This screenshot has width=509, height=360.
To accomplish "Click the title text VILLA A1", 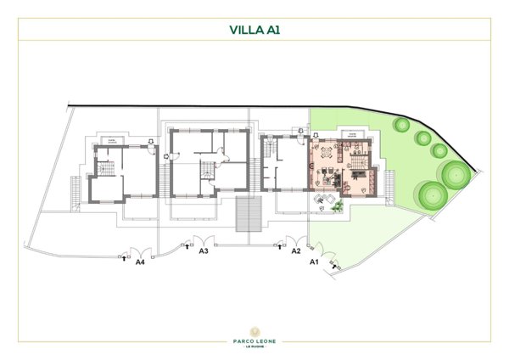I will coord(255,29).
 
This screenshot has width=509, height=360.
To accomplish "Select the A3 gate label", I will coord(204,252).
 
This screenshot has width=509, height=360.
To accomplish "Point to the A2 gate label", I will coord(296,252).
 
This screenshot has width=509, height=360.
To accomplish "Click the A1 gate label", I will coord(313,262).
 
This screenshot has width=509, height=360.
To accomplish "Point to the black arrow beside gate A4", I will coord(126,254).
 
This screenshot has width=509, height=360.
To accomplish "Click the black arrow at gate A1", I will coord(337,266).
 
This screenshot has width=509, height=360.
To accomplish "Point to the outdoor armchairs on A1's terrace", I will coord(323,200).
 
